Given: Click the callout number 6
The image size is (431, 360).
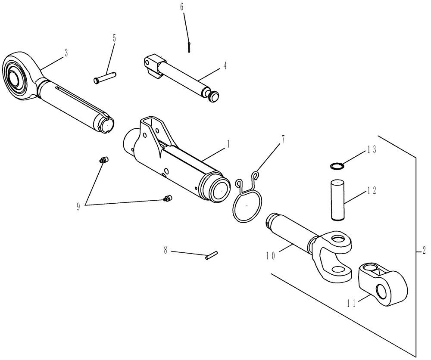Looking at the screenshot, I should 181,7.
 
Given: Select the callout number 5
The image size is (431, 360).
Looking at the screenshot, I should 114,38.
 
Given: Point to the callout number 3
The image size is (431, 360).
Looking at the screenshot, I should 66,53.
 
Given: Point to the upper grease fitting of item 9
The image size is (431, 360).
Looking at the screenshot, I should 103,161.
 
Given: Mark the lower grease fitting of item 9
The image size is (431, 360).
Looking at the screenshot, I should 167,199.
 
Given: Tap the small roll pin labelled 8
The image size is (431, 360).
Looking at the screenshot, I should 212,256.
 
